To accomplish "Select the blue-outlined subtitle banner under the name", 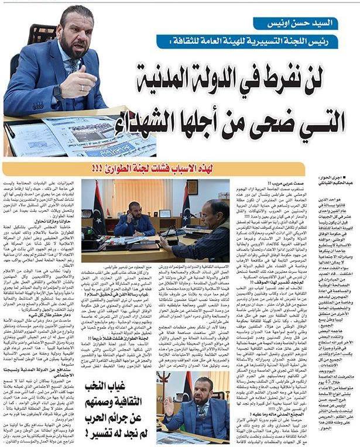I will click(243, 42).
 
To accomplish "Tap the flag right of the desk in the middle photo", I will click(186, 208).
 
